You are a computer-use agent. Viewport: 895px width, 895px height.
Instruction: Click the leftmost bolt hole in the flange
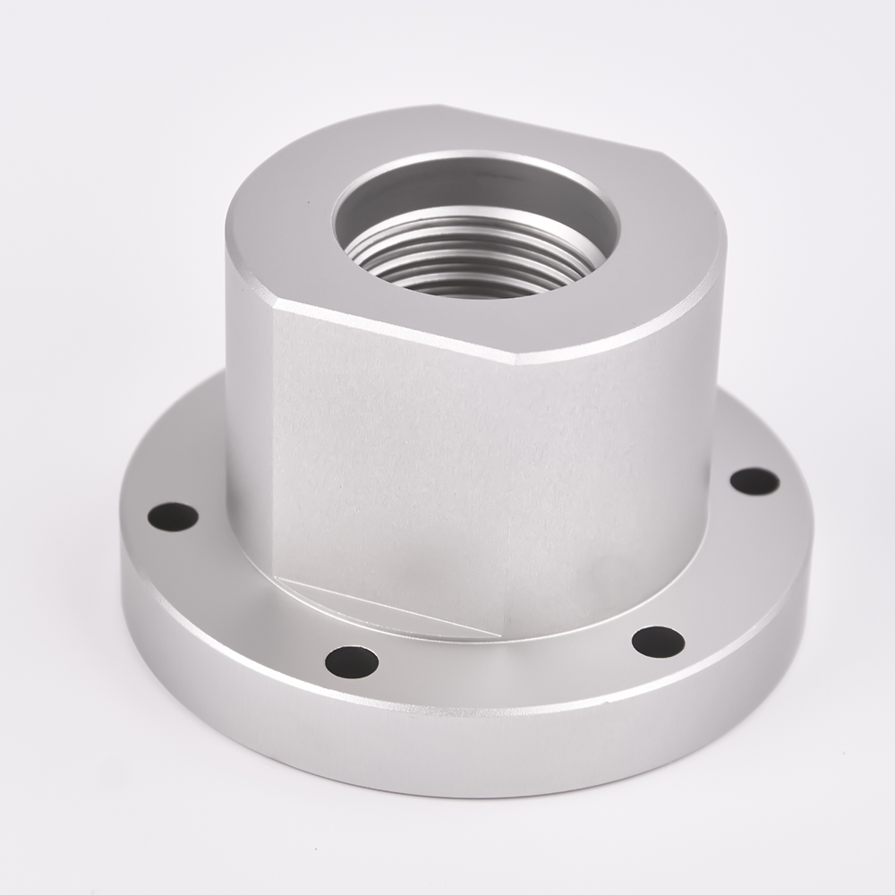tap(172, 516)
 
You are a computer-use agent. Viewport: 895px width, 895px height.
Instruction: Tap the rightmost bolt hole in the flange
tap(754, 481)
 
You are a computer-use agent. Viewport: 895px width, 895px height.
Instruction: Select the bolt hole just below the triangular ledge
tap(351, 661)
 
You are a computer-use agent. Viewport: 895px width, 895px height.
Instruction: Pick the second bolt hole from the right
tap(658, 641)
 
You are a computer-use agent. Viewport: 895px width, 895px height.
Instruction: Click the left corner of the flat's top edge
tap(274, 302)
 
